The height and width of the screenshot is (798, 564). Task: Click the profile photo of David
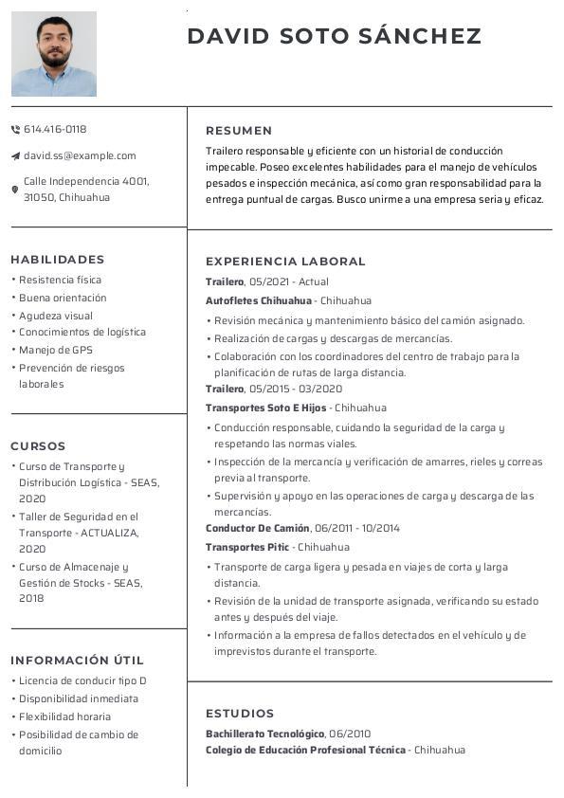click(x=54, y=54)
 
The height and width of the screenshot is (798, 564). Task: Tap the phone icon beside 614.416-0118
click(x=15, y=129)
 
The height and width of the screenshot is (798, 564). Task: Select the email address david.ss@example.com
click(x=80, y=155)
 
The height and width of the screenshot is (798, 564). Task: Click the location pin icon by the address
click(x=15, y=190)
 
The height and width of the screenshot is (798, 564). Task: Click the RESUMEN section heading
click(x=239, y=131)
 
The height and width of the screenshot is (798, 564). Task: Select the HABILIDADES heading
click(x=58, y=260)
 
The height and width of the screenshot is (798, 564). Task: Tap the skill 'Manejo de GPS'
click(x=56, y=350)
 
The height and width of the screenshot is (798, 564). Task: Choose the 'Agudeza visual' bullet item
click(x=56, y=316)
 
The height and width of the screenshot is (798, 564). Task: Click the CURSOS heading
click(x=38, y=446)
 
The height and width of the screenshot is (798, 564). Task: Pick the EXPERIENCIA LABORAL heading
click(x=285, y=262)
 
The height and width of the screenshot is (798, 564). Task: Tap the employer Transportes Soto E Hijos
click(x=265, y=408)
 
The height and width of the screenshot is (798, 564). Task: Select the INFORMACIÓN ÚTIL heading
click(x=77, y=661)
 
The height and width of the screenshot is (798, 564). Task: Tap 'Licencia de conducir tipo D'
click(x=82, y=680)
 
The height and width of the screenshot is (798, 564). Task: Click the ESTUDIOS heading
click(x=240, y=714)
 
